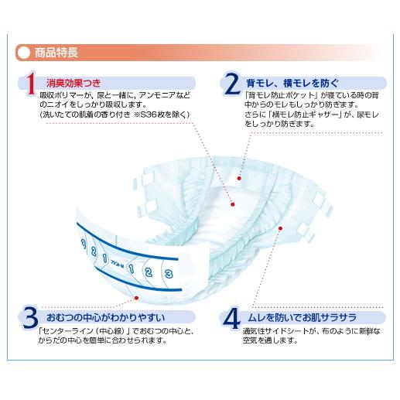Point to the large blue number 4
pos(231,317)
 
